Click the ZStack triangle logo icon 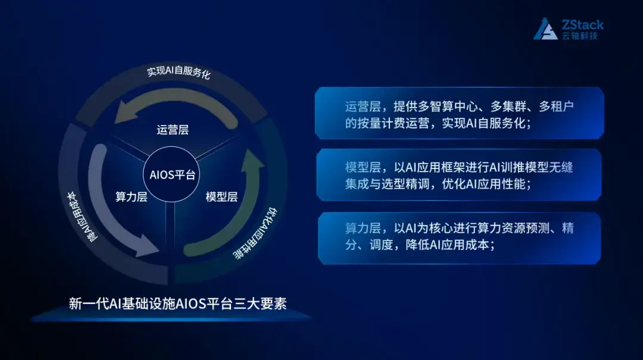tap(545, 29)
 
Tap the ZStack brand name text tap(582, 24)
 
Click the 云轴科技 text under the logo tap(579, 36)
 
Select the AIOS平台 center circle tap(173, 176)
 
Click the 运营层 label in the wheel tap(173, 130)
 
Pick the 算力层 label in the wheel tap(131, 197)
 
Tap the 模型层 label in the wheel tap(221, 197)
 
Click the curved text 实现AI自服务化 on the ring tap(178, 73)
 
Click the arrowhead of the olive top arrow tap(124, 111)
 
